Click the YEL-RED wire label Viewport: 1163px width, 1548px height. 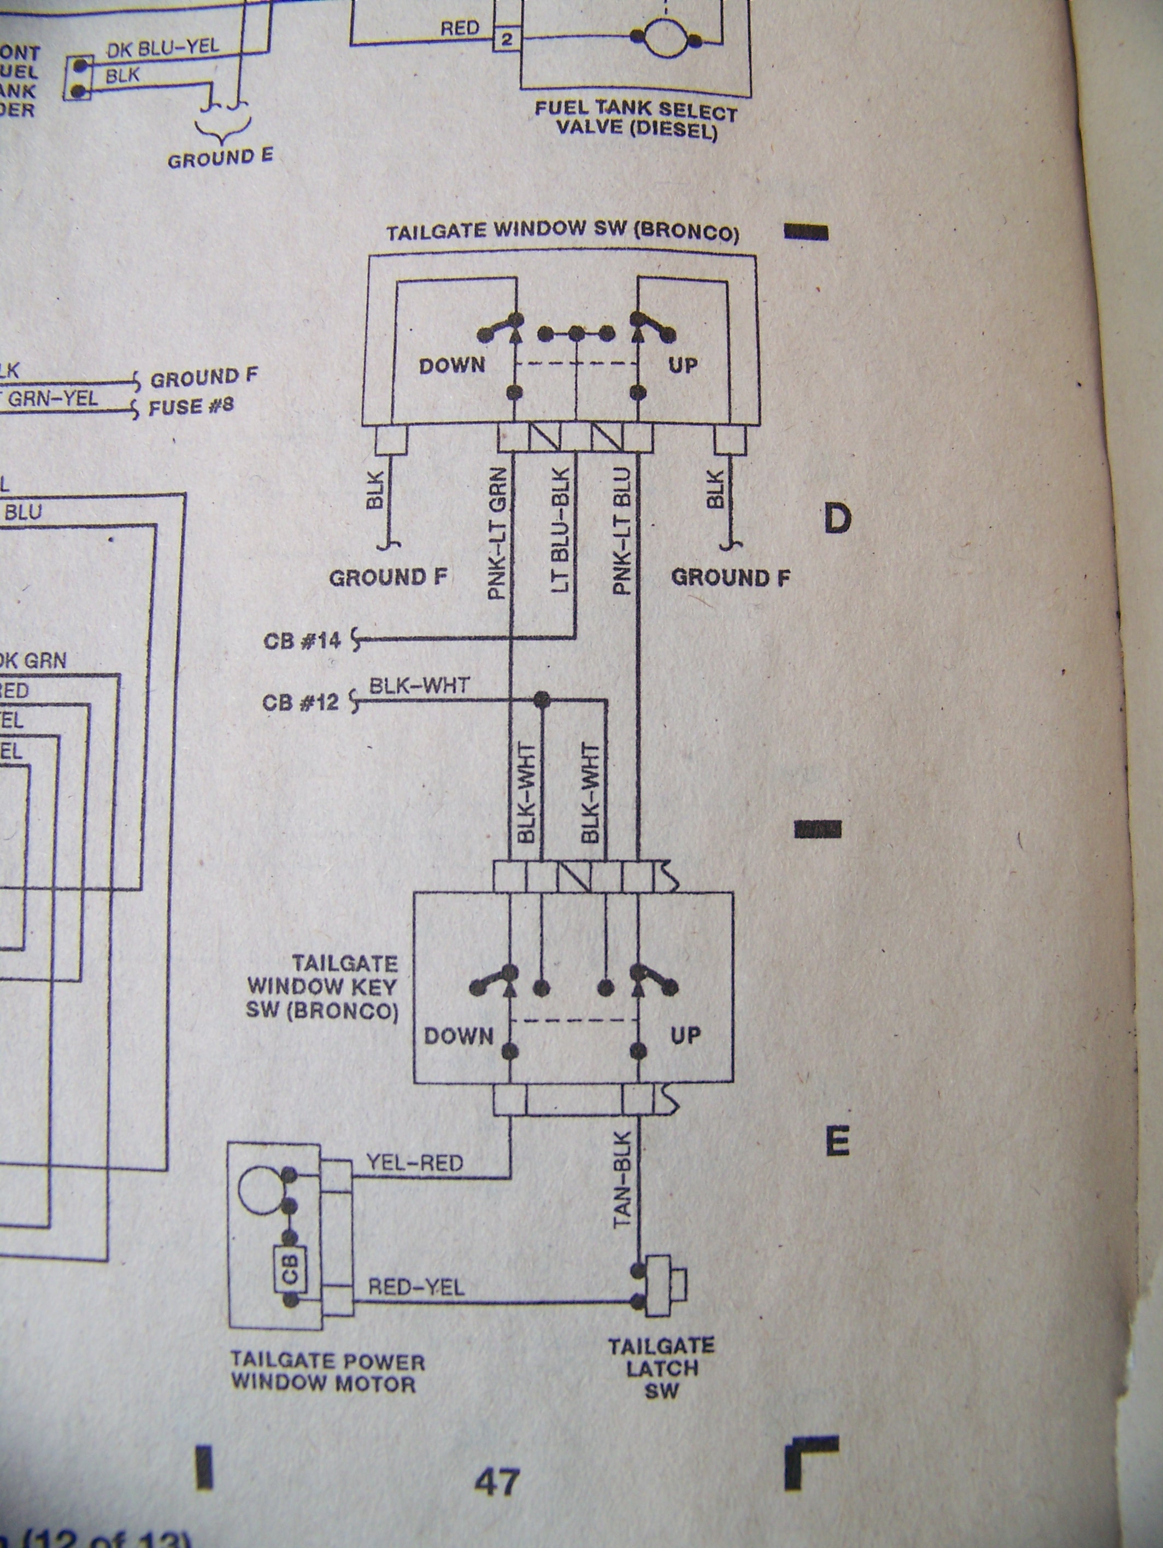tap(415, 1163)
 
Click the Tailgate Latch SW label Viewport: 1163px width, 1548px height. tap(661, 1368)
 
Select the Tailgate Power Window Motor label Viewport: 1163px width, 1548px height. tap(327, 1371)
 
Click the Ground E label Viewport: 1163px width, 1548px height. tap(220, 159)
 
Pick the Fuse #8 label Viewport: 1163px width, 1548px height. tap(191, 407)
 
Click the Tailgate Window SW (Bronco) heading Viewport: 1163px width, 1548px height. tap(562, 232)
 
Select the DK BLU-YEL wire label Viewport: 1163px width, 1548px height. tap(162, 48)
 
